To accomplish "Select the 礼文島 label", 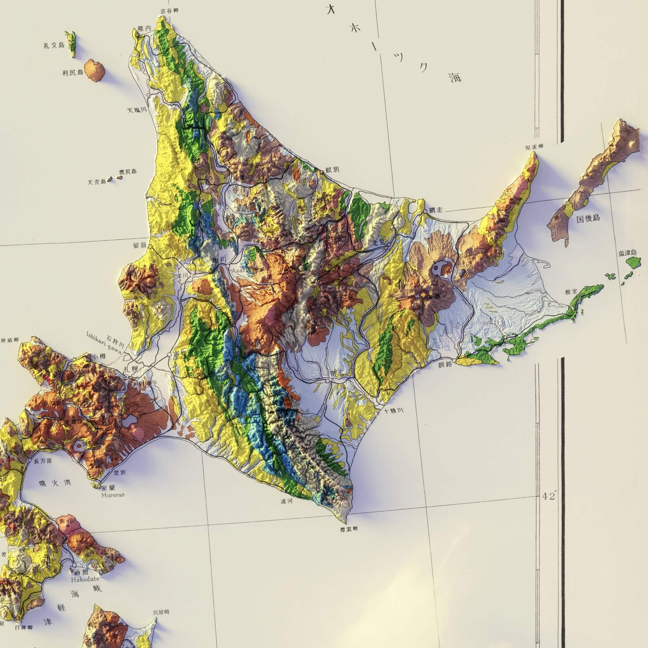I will pyautogui.click(x=54, y=45).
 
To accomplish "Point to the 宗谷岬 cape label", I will pyautogui.click(x=169, y=11).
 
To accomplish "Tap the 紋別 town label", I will pyautogui.click(x=332, y=170).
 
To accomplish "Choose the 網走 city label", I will pyautogui.click(x=436, y=210).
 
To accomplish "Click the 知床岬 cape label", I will pyautogui.click(x=534, y=147).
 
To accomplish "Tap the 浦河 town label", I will pyautogui.click(x=287, y=511).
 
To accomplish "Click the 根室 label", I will pyautogui.click(x=571, y=292).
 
